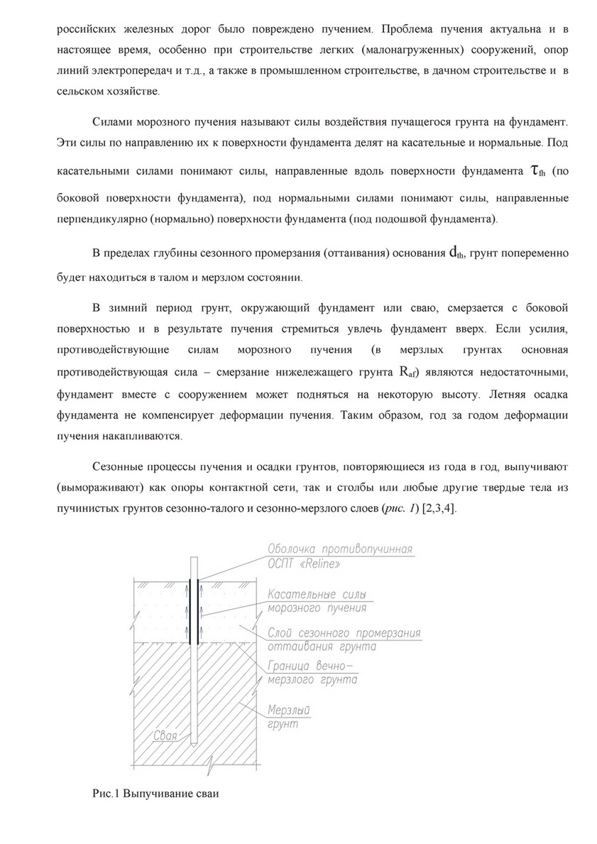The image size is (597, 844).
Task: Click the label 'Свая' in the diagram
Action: point(166,737)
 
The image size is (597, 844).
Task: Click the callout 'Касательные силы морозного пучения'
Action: point(319,601)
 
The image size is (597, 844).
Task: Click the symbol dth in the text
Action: point(456,253)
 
